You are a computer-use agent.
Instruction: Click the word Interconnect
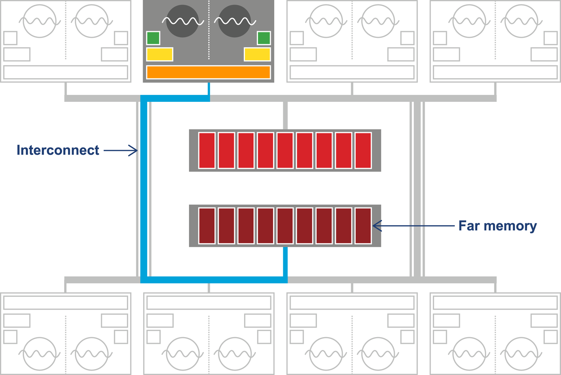58,150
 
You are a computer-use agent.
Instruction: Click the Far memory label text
497,226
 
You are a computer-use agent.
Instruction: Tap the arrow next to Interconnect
121,150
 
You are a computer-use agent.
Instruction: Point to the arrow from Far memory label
413,226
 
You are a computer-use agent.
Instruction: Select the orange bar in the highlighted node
208,72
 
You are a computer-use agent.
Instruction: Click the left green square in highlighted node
153,38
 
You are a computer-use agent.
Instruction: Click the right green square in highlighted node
264,38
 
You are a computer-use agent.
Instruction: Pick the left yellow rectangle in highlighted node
160,54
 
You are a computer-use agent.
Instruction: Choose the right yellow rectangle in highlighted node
257,54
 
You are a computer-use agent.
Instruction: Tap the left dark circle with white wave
182,21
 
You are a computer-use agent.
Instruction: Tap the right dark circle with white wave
235,21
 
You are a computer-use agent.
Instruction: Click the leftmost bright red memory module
207,151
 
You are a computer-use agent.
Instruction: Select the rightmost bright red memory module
363,151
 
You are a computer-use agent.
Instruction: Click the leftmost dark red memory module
207,226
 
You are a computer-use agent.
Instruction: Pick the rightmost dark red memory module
363,226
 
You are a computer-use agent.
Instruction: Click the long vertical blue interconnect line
144,187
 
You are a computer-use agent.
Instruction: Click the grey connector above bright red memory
285,115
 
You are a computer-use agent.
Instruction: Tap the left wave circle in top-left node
39,21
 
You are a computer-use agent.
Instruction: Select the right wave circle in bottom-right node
521,354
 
